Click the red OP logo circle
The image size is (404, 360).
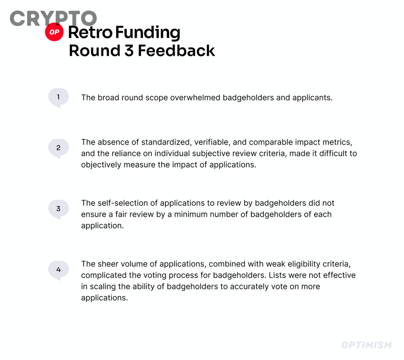55,32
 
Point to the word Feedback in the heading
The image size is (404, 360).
176,50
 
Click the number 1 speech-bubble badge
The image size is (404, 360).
58,97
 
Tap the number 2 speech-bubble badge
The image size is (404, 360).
58,148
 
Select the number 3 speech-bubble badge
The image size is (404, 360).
58,209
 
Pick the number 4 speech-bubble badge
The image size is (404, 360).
58,270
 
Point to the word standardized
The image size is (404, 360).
165,142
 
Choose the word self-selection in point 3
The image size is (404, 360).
119,203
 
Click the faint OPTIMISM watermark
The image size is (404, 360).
366,345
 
